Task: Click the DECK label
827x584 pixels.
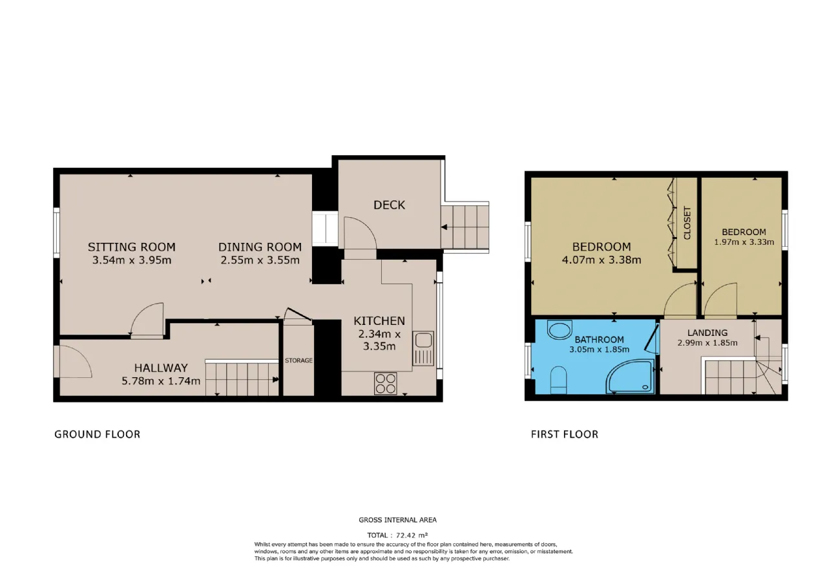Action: point(389,205)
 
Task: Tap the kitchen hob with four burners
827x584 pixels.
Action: point(386,384)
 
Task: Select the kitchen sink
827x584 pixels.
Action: point(423,348)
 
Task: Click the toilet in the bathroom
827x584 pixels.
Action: point(558,380)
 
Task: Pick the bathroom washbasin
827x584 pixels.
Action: point(560,329)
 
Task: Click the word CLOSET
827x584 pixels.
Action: point(687,223)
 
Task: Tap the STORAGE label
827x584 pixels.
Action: point(298,360)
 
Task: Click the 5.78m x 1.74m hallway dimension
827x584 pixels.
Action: point(161,381)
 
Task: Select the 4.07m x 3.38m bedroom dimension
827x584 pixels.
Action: point(602,260)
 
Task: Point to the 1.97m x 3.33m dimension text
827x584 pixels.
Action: point(744,242)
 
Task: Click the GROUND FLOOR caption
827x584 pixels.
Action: point(97,434)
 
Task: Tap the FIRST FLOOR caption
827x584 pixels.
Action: point(565,434)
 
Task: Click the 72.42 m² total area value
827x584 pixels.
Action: point(412,535)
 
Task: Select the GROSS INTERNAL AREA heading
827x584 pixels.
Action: point(397,520)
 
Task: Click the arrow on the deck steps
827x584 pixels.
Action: point(445,227)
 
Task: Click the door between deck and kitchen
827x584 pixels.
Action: point(360,233)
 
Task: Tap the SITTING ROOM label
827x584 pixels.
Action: point(131,247)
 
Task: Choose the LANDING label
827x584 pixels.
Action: point(707,333)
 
